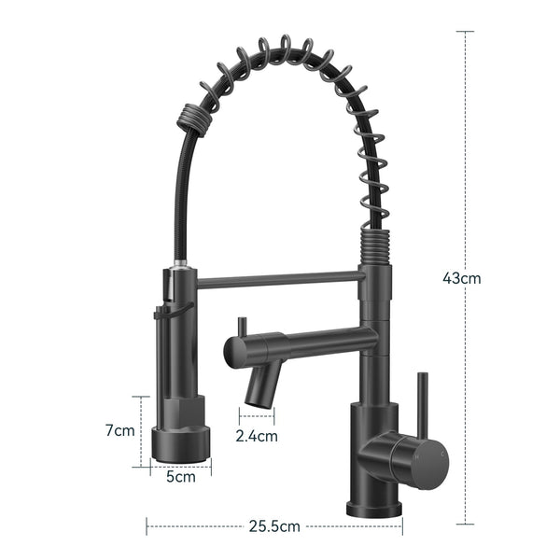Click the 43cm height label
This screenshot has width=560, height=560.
[463, 278]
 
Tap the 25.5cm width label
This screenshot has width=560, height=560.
[274, 526]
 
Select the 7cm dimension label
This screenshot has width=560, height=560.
[120, 431]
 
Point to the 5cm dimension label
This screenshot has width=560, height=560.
[181, 477]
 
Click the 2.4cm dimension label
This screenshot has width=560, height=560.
[257, 436]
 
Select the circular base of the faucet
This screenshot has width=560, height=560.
[373, 509]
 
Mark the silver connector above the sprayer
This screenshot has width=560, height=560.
[185, 264]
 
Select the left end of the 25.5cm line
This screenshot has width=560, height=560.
[147, 526]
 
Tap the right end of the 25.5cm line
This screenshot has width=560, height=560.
[402, 526]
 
